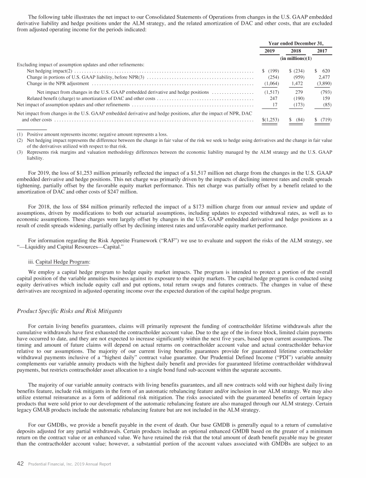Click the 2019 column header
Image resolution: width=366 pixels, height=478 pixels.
[x=270, y=51]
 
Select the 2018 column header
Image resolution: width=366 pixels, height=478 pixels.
[x=296, y=51]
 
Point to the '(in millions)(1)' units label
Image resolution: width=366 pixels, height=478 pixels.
[x=296, y=58]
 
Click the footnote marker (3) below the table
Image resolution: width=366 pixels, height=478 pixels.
[x=20, y=151]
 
